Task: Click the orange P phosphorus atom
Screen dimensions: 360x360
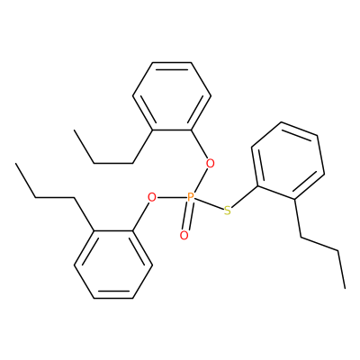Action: tap(191, 197)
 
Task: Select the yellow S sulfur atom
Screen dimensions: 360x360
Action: tap(228, 211)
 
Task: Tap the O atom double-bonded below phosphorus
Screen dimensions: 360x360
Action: tap(184, 236)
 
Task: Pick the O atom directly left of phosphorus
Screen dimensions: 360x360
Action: tap(152, 197)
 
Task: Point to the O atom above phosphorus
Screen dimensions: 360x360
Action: tap(211, 164)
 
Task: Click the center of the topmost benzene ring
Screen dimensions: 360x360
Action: tap(172, 96)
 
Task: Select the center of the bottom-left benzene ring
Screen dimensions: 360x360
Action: tap(113, 265)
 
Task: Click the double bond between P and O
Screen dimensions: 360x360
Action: tap(187, 217)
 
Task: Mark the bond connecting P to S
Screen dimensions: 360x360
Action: tap(210, 204)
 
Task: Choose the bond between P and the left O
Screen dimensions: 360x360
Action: tap(172, 197)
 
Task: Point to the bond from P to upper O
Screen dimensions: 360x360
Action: tap(201, 181)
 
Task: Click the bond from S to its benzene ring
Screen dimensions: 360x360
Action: tap(245, 197)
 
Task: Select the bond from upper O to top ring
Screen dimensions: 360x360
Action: tap(199, 145)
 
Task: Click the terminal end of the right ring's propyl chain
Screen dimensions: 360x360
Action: tap(345, 289)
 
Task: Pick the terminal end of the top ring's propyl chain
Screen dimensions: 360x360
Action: tap(74, 130)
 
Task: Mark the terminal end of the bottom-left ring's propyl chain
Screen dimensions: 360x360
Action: tap(15, 164)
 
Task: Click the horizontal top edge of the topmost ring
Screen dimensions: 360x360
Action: tap(172, 62)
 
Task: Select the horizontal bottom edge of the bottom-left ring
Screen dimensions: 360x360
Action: tap(113, 298)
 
